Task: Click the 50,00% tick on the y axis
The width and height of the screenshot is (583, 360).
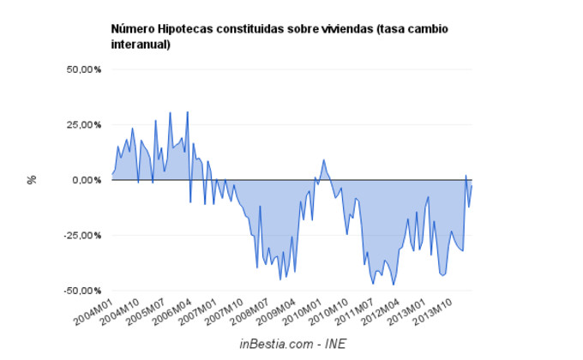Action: pyautogui.click(x=84, y=69)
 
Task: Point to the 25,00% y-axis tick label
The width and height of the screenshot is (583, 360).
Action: pyautogui.click(x=84, y=124)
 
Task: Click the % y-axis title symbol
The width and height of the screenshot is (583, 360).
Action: pyautogui.click(x=32, y=180)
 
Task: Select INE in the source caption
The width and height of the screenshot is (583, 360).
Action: pyautogui.click(x=334, y=344)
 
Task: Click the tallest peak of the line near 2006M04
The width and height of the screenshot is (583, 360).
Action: pyautogui.click(x=187, y=111)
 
